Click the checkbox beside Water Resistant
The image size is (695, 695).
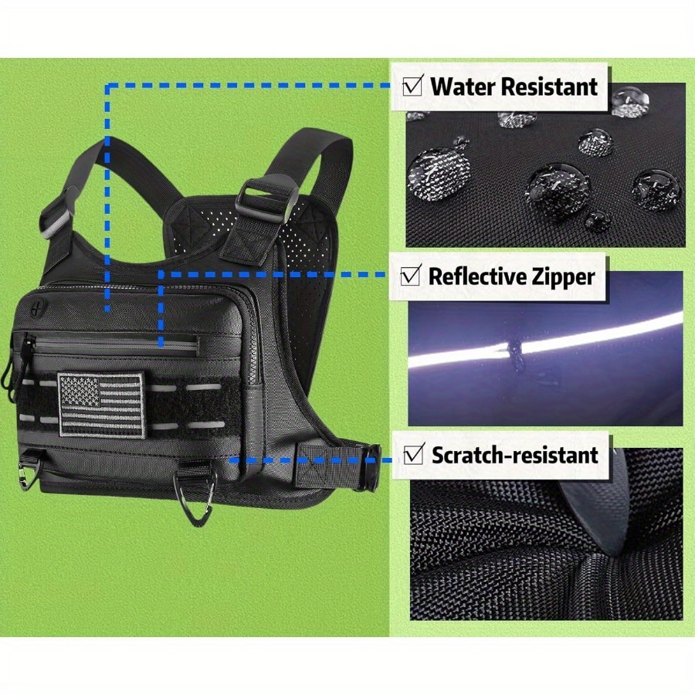(x=412, y=86)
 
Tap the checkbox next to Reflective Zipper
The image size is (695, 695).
(x=410, y=276)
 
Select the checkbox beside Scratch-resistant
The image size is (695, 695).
(x=414, y=454)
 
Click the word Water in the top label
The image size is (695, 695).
(x=463, y=86)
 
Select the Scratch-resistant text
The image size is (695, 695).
(x=515, y=455)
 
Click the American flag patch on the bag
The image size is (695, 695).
(x=101, y=405)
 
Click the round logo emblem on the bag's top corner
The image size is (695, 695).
(x=36, y=310)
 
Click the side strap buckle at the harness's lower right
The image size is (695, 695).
(x=371, y=467)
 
